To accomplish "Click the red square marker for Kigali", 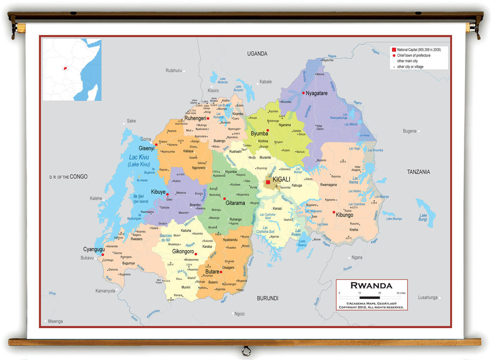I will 268,182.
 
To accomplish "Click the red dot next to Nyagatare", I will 303,93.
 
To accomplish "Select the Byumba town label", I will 259,133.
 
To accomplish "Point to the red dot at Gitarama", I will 224,198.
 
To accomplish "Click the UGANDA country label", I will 257,54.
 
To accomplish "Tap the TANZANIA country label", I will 419,172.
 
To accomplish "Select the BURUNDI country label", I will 268,298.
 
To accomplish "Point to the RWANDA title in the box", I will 371,286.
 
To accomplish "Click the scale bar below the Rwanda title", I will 369,297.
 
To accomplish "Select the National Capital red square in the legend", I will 394,50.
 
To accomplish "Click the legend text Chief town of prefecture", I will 414,55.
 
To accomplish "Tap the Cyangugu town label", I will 94,249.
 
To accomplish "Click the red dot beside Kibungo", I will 334,212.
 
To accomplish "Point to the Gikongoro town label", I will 183,252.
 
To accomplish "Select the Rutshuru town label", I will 173,70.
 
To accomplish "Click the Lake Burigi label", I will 423,217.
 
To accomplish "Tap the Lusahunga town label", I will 428,297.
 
